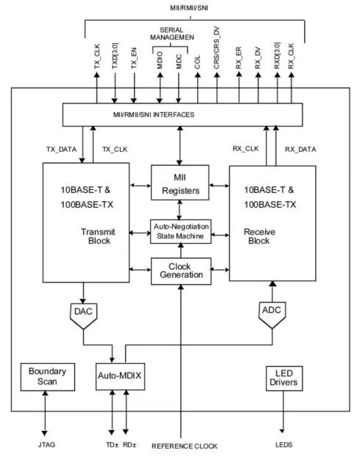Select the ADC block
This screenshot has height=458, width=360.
pyautogui.click(x=272, y=314)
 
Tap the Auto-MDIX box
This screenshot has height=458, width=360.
pyautogui.click(x=120, y=376)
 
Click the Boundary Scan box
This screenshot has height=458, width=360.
pyautogui.click(x=48, y=377)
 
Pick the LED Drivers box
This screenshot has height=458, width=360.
pyautogui.click(x=284, y=378)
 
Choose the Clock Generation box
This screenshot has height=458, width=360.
pyautogui.click(x=181, y=271)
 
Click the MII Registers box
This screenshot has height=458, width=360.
pyautogui.click(x=180, y=183)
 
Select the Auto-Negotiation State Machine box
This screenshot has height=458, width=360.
pyautogui.click(x=180, y=231)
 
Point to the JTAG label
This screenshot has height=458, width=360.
pyautogui.click(x=46, y=445)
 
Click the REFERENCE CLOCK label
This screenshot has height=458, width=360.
pyautogui.click(x=185, y=446)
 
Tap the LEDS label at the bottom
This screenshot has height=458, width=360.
pyautogui.click(x=283, y=445)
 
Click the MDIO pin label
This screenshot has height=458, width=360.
pyautogui.click(x=160, y=60)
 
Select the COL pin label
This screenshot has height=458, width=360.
pyautogui.click(x=197, y=62)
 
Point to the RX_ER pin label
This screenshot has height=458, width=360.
pyautogui.click(x=239, y=58)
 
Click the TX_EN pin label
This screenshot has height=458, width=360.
pyautogui.click(x=134, y=58)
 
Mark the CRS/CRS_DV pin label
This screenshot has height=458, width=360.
pyautogui.click(x=216, y=48)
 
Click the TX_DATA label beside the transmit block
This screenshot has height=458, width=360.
pyautogui.click(x=61, y=149)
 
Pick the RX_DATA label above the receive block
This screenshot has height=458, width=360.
pyautogui.click(x=300, y=149)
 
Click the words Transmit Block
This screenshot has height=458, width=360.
pyautogui.click(x=98, y=236)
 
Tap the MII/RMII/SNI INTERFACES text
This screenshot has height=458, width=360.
pyautogui.click(x=154, y=115)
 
